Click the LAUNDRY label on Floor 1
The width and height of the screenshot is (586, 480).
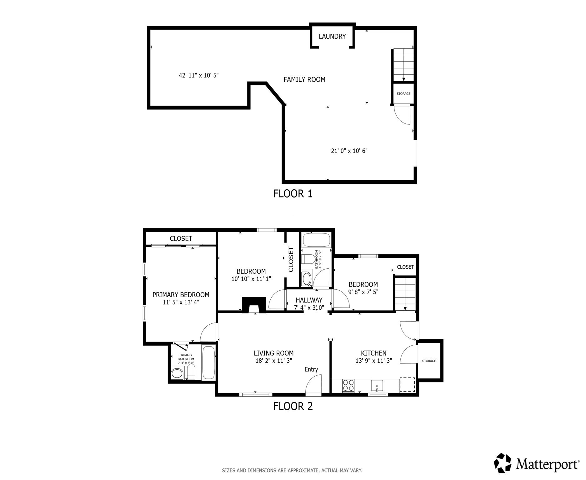pyautogui.click(x=332, y=37)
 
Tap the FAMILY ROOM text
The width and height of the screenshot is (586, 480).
pyautogui.click(x=304, y=80)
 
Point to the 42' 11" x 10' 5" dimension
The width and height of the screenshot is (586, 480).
pyautogui.click(x=198, y=75)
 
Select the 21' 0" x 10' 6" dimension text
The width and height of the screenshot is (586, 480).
pyautogui.click(x=349, y=151)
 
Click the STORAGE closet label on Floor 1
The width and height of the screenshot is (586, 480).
pyautogui.click(x=403, y=94)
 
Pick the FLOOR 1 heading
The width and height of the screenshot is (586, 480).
pyautogui.click(x=293, y=194)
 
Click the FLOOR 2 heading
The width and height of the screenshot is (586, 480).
pyautogui.click(x=293, y=406)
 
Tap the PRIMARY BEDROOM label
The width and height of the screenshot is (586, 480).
pyautogui.click(x=181, y=295)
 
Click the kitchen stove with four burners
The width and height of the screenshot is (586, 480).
pyautogui.click(x=348, y=385)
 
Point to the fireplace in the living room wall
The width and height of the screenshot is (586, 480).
pyautogui.click(x=254, y=305)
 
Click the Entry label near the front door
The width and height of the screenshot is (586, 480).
pyautogui.click(x=311, y=369)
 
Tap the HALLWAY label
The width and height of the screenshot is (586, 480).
pyautogui.click(x=309, y=300)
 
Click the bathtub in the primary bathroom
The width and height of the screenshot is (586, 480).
pyautogui.click(x=208, y=362)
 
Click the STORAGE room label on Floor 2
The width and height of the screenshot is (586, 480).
pyautogui.click(x=429, y=361)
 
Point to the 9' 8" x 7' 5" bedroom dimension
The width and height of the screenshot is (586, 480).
pyautogui.click(x=363, y=292)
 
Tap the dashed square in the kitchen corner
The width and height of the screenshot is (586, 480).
pyautogui.click(x=407, y=385)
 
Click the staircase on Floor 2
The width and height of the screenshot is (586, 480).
pyautogui.click(x=405, y=294)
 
